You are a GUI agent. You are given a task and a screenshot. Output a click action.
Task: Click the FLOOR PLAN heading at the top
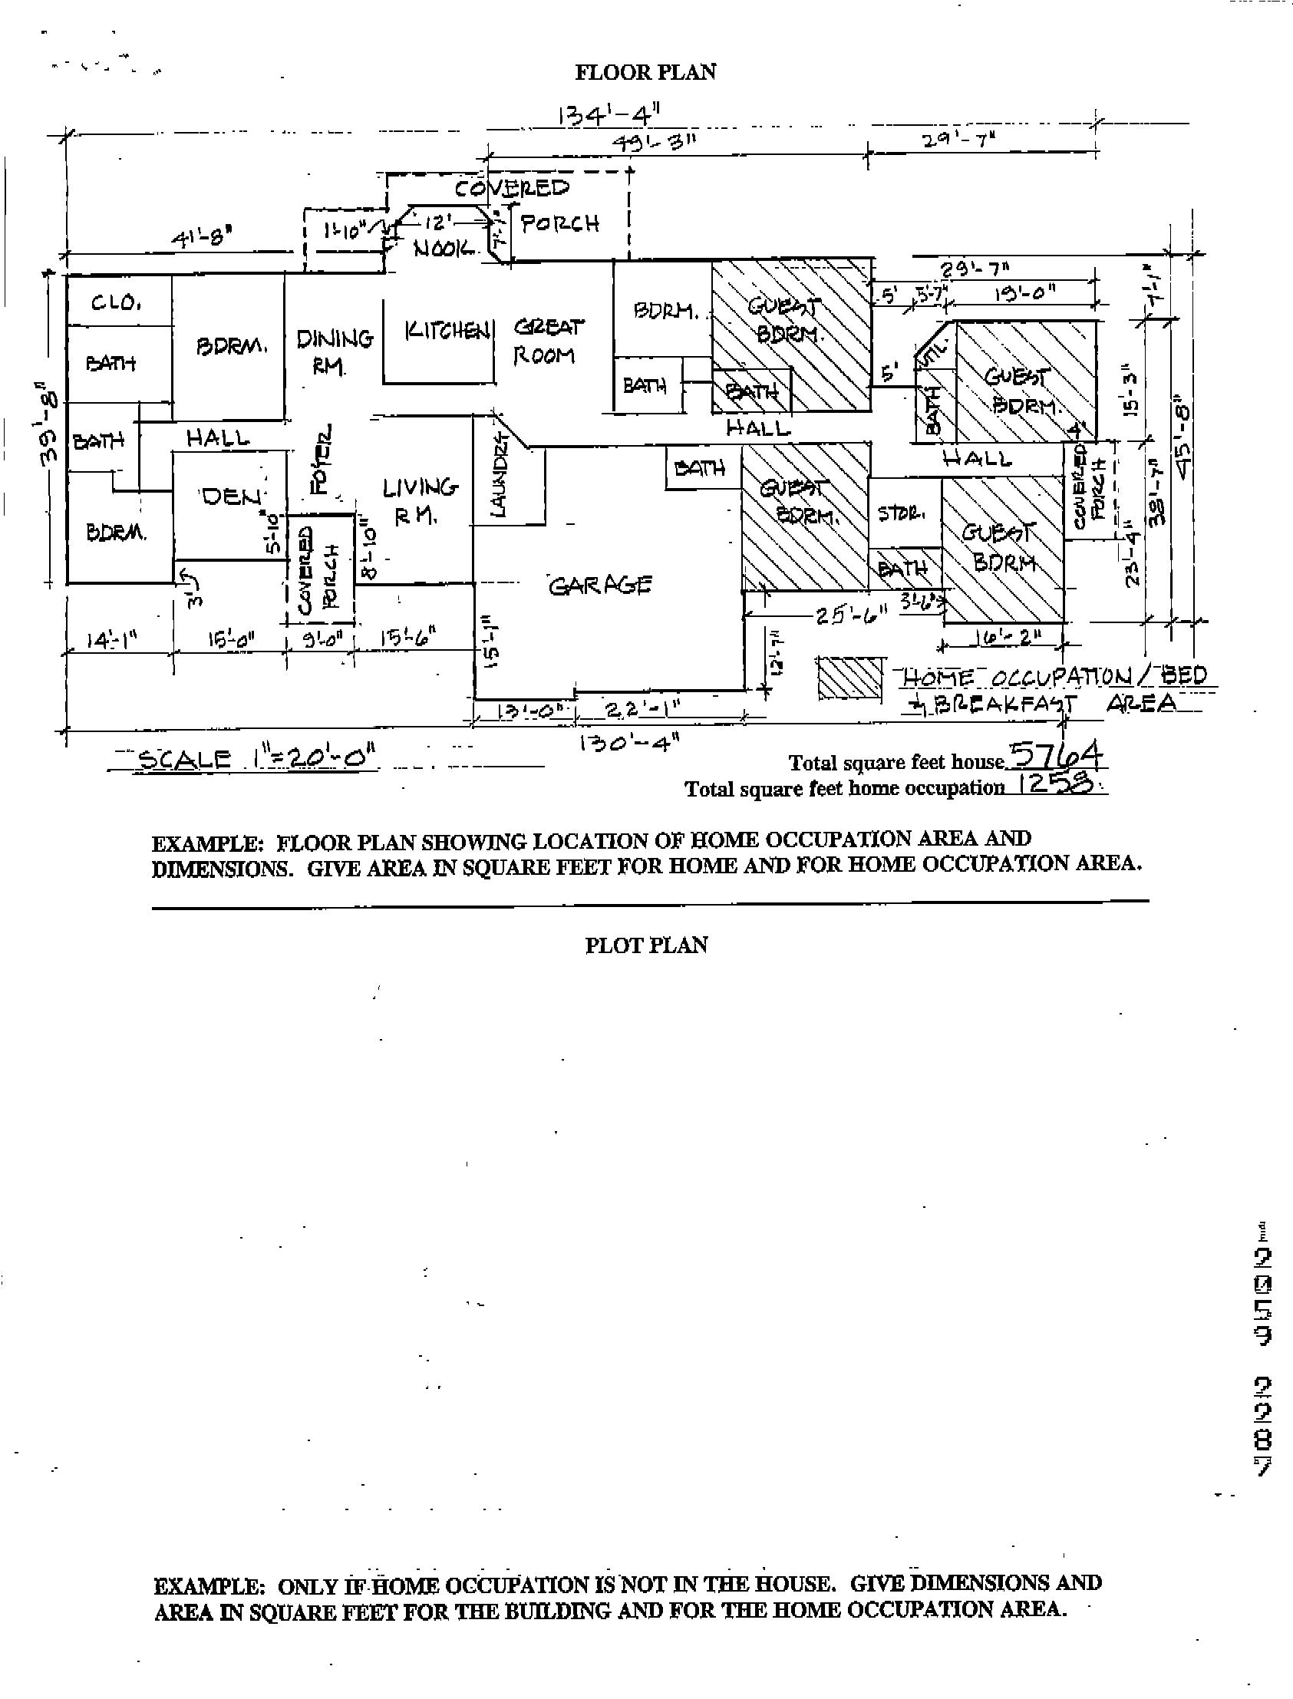pyautogui.click(x=645, y=72)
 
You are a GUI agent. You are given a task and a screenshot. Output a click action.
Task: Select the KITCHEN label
pyautogui.click(x=447, y=331)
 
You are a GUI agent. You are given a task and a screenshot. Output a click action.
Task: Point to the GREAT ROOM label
pyautogui.click(x=547, y=341)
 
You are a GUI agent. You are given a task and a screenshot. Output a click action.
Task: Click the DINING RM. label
pyautogui.click(x=334, y=350)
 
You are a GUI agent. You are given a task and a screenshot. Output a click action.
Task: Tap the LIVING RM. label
pyautogui.click(x=420, y=500)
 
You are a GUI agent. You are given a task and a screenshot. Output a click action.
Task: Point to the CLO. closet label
pyautogui.click(x=115, y=303)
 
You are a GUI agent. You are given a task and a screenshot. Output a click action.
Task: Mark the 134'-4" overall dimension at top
pyautogui.click(x=609, y=116)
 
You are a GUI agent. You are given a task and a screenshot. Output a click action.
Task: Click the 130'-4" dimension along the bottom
pyautogui.click(x=628, y=743)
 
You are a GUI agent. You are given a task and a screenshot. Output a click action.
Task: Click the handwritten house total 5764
pyautogui.click(x=1055, y=756)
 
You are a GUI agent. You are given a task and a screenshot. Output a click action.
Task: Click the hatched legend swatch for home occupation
pyautogui.click(x=849, y=678)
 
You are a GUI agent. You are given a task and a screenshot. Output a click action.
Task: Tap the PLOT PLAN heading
pyautogui.click(x=645, y=945)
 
